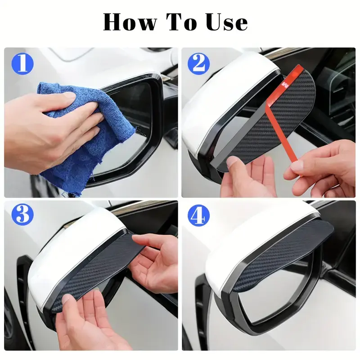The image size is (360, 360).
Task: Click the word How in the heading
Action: [130, 22]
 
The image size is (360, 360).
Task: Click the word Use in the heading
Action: [227, 22]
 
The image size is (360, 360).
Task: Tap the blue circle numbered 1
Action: [22, 63]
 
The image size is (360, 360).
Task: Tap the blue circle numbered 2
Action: [199, 63]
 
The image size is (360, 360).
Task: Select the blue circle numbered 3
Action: [22, 215]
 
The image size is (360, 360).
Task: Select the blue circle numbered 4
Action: [199, 216]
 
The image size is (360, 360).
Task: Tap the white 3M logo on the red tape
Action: [285, 84]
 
